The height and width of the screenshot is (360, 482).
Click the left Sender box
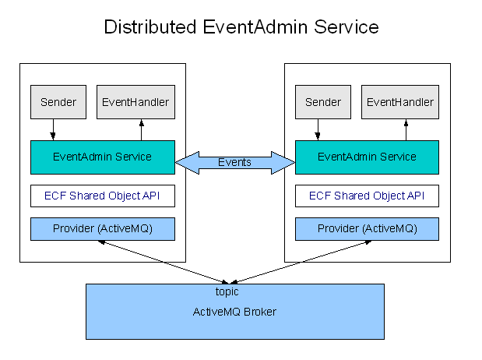tap(58, 102)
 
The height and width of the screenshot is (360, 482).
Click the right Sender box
tap(323, 102)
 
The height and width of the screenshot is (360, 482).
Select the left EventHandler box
tap(135, 102)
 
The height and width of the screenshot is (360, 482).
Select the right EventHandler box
tap(400, 102)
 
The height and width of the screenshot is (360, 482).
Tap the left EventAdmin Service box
tap(103, 157)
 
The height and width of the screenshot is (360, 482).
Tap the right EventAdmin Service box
tap(367, 157)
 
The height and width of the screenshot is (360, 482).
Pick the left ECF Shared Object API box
tap(103, 196)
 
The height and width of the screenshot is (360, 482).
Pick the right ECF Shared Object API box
tap(367, 196)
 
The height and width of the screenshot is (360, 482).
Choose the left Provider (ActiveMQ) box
tap(103, 229)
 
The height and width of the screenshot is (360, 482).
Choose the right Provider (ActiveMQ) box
tap(367, 229)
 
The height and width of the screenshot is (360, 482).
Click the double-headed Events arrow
tap(235, 163)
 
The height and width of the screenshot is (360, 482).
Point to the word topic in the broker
tap(227, 291)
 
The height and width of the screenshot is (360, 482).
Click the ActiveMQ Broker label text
tap(234, 312)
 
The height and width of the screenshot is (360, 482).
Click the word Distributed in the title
tap(150, 26)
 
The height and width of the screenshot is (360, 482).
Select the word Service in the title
tap(347, 26)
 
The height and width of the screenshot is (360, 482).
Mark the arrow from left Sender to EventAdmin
tap(53, 129)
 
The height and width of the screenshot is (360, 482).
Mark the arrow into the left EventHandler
tap(142, 129)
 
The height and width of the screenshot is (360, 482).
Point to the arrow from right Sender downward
tap(318, 129)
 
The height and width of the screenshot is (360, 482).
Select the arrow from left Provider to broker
tap(164, 262)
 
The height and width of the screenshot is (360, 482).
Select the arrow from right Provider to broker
tap(301, 262)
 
